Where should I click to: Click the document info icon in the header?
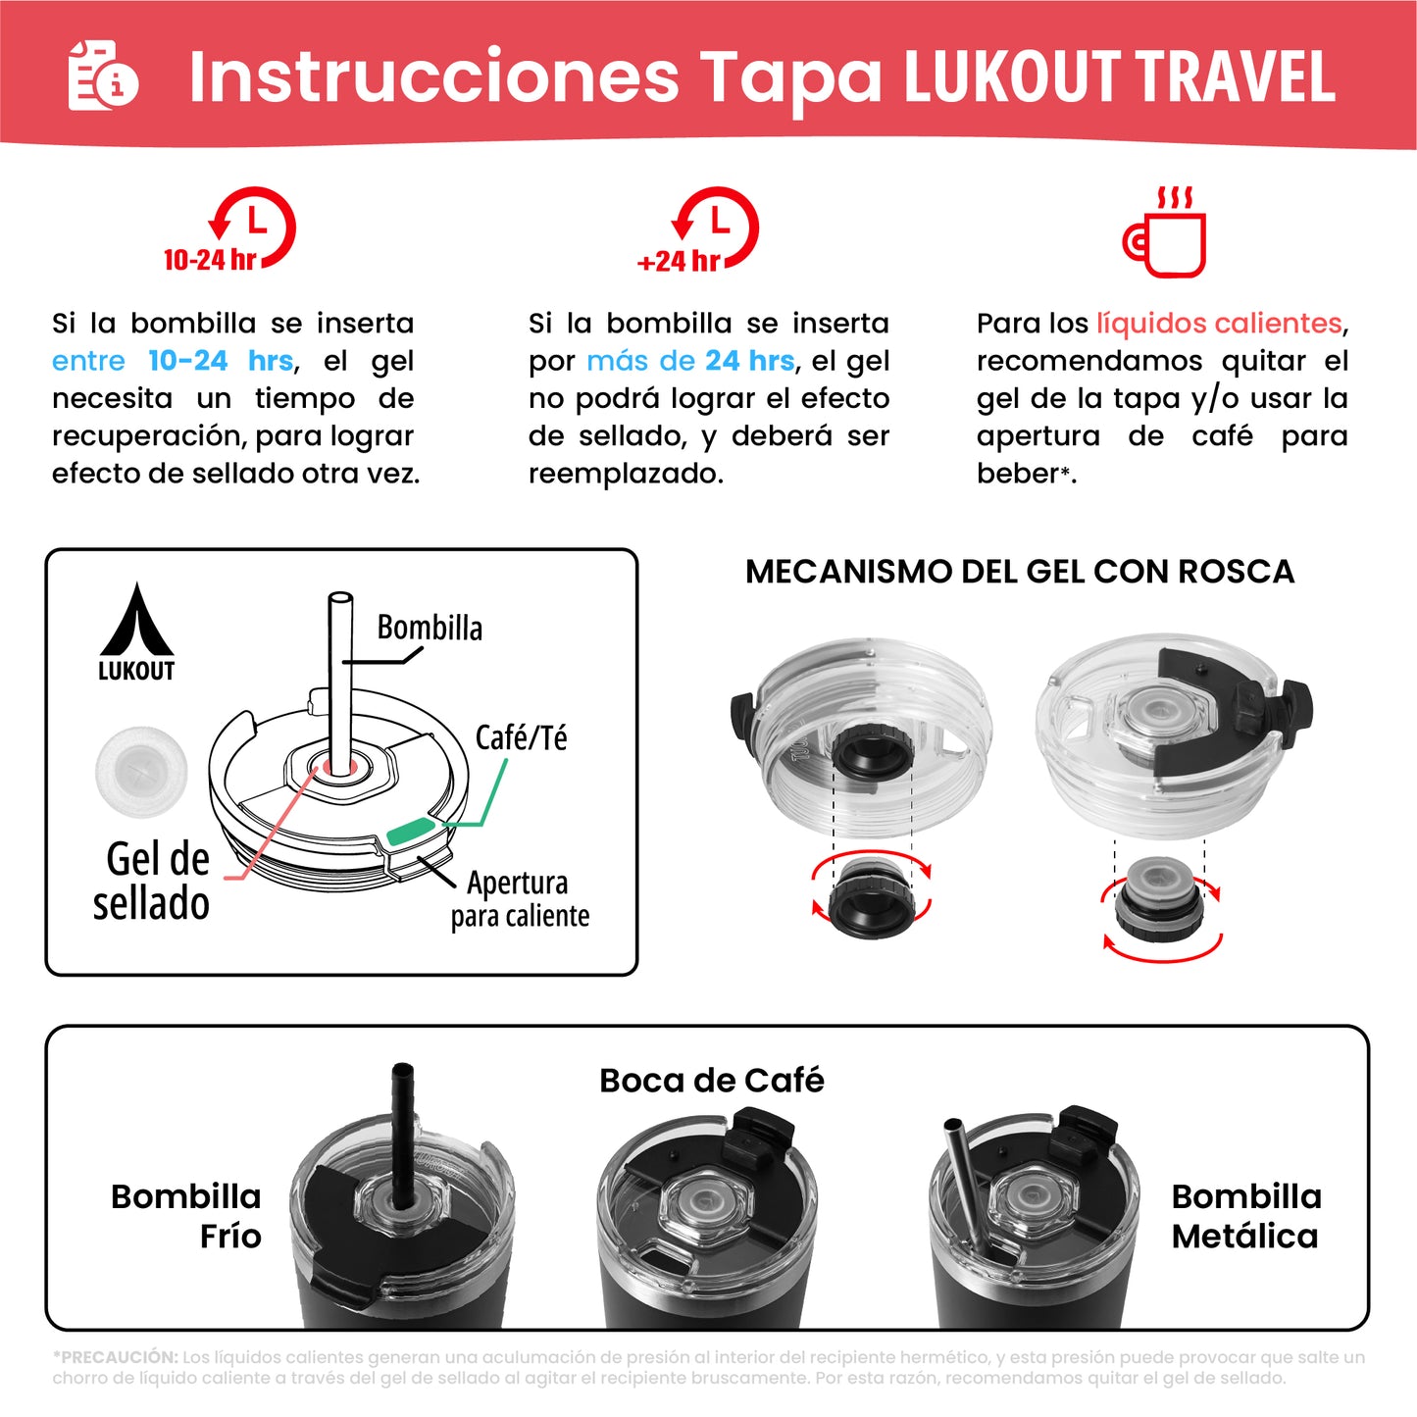click(102, 76)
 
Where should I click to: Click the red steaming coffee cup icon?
click(1165, 232)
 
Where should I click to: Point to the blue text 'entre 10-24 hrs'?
click(173, 361)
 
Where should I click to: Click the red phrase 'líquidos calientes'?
click(1219, 324)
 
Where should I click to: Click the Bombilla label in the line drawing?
click(430, 628)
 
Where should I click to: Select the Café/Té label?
click(521, 737)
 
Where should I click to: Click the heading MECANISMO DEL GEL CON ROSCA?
click(1019, 572)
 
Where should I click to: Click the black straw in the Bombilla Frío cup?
click(402, 1128)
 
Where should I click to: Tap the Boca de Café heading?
click(711, 1081)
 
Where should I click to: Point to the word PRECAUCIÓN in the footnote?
click(118, 1357)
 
